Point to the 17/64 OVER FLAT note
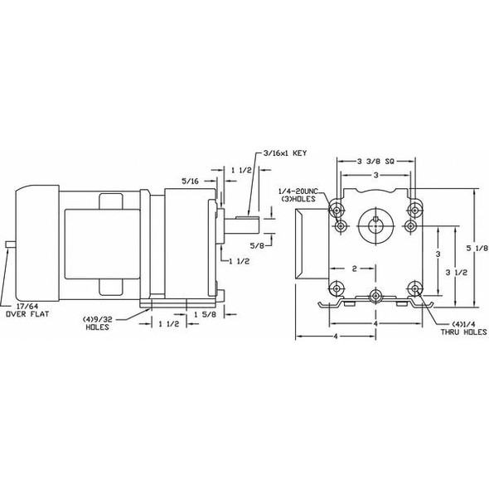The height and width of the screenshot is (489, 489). click(x=22, y=311)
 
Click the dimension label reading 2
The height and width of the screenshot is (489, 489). click(x=354, y=269)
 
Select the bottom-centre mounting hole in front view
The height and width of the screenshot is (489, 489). click(x=376, y=295)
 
